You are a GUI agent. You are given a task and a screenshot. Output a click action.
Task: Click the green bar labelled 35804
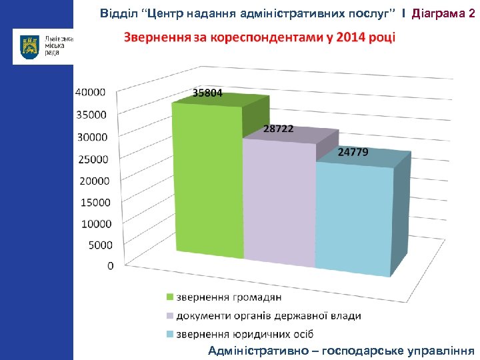(207, 180)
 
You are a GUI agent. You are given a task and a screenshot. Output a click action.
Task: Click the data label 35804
(208, 93)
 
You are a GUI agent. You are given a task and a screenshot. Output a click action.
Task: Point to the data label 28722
(278, 129)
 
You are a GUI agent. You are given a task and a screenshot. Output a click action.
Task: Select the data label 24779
(353, 152)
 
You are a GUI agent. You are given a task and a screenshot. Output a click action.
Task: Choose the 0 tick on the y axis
(110, 265)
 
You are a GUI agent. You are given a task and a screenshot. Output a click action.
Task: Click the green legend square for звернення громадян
(170, 297)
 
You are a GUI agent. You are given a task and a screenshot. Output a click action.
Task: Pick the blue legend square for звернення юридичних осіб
(170, 334)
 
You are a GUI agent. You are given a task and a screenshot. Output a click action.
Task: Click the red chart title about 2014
(259, 36)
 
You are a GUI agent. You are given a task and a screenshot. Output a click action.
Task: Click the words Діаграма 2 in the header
(443, 13)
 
